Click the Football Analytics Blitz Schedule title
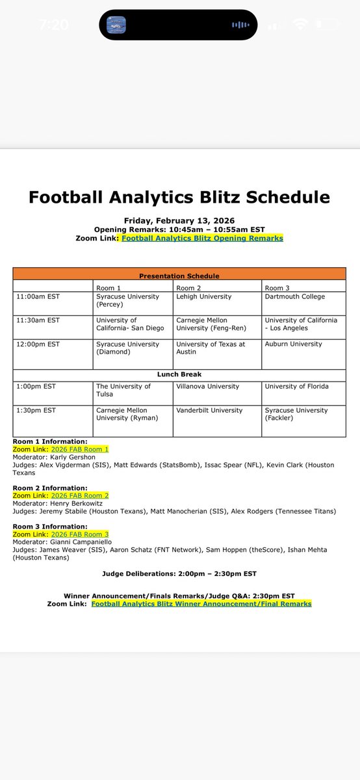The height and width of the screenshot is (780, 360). pos(179,197)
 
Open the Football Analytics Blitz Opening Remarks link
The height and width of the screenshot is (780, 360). pos(202,238)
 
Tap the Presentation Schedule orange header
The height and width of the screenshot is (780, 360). pos(179,276)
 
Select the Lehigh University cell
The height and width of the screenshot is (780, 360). pos(203,296)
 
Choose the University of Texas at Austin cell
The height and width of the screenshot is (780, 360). pos(211,348)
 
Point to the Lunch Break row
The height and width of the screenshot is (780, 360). pos(179,374)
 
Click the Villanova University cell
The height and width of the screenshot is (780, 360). pos(207,386)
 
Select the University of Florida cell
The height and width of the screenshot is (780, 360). pos(296,386)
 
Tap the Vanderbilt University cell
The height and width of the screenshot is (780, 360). pos(209,410)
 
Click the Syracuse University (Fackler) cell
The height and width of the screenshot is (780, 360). pos(296,414)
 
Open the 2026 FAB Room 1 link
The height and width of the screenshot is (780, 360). pos(79,449)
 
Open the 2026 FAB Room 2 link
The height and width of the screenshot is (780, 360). pos(79,495)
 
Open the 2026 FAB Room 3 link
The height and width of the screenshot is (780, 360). pos(79,534)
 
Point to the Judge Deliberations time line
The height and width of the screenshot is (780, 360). pos(179,573)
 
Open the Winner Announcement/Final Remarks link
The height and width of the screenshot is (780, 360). pos(201,604)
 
